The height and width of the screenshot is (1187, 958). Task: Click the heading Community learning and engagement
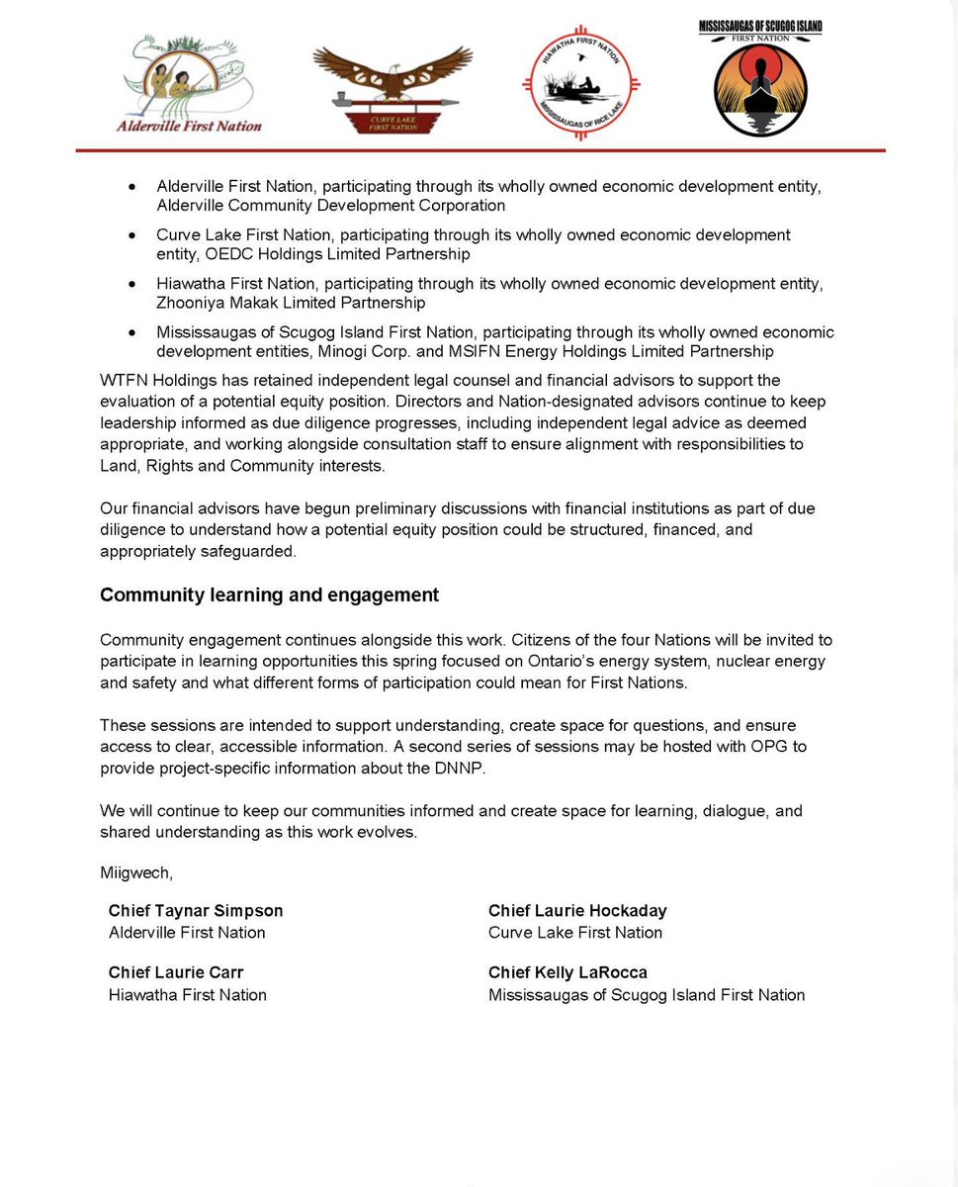tap(269, 595)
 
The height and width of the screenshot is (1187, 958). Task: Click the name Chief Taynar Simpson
tap(196, 911)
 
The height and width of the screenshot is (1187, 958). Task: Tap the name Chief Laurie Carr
tap(176, 972)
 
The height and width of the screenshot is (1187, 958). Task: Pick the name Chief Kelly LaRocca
tap(567, 972)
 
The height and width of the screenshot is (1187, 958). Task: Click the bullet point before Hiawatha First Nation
tap(131, 284)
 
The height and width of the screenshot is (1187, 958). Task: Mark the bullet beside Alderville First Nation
tap(131, 186)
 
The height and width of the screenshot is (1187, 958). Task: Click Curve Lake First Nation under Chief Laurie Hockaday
tap(575, 933)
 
